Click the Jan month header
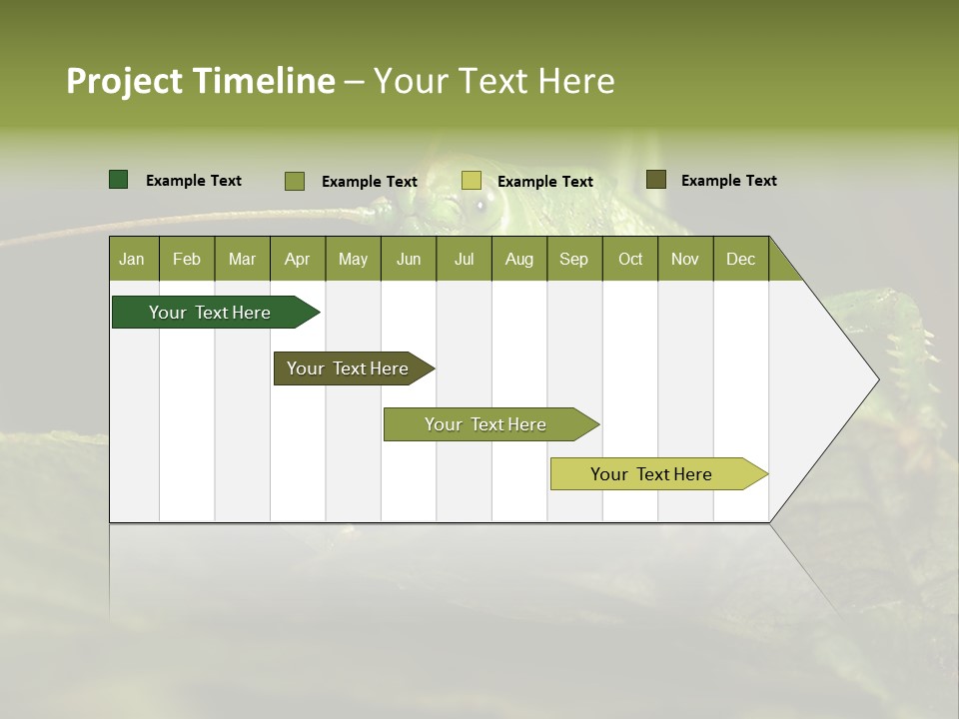pos(132,259)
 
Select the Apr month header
pos(297,259)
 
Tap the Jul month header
pos(464,259)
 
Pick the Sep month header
pos(573,259)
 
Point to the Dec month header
pos(740,259)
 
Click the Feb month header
pos(187,259)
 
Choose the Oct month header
pos(630,259)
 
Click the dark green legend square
pos(118,180)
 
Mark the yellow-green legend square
pos(472,181)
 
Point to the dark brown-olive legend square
pos(655,180)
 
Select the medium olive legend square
pos(295,181)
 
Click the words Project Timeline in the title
pos(201,81)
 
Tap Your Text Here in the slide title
pos(493,81)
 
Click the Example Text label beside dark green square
pos(194,181)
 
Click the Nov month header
pos(685,259)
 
